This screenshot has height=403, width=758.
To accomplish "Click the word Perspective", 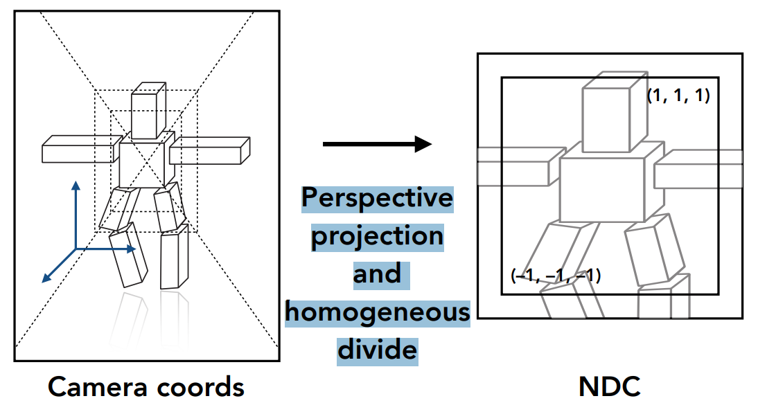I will coord(378,199).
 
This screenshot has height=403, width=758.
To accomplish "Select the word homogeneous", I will coord(378,312).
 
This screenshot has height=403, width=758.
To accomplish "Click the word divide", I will coord(378,349).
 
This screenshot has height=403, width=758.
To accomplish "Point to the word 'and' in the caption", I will coord(378,274).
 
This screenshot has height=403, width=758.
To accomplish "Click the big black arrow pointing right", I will coord(378,144).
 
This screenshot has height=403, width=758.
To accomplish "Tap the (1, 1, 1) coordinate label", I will coord(678,96).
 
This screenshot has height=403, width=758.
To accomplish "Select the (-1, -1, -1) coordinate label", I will coord(556,276).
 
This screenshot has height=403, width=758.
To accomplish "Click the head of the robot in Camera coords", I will coord(148,112).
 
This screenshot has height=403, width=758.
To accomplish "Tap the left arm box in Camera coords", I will coord(78,150).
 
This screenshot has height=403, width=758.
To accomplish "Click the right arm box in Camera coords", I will coord(209,150).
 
